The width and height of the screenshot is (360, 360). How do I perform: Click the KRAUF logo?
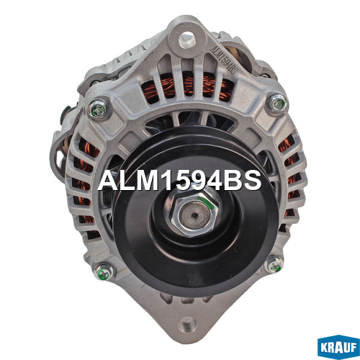pos(338,347)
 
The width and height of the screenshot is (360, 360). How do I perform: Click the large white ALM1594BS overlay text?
pos(179,181)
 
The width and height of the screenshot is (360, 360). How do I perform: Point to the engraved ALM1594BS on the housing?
pos(224,60)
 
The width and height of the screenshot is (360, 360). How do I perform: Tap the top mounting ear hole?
pos(187,40)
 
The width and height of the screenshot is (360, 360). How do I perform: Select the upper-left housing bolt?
pos(98,109)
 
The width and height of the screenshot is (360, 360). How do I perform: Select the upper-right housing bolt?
pos(278,103)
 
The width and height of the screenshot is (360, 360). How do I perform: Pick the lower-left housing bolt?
pos(104,272)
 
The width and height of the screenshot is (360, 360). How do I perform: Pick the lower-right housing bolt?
pos(274,264)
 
